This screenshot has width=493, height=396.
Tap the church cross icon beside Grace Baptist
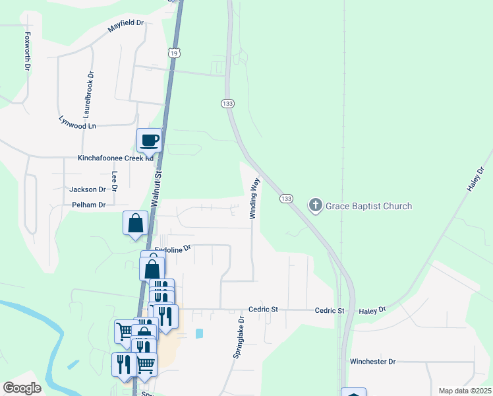coord(316,205)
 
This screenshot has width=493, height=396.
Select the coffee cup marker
coord(149,141)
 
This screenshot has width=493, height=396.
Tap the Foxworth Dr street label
coord(28,47)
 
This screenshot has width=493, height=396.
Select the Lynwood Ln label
coord(78,123)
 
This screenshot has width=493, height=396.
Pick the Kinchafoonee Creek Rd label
coord(115,158)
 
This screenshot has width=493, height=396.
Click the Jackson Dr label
coord(88,189)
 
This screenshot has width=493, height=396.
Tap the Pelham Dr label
coord(88,205)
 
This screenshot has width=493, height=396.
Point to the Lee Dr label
coord(114,181)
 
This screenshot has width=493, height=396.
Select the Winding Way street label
coord(254,198)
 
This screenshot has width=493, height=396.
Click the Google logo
coord(22,388)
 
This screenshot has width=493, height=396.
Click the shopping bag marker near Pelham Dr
coord(135,223)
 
